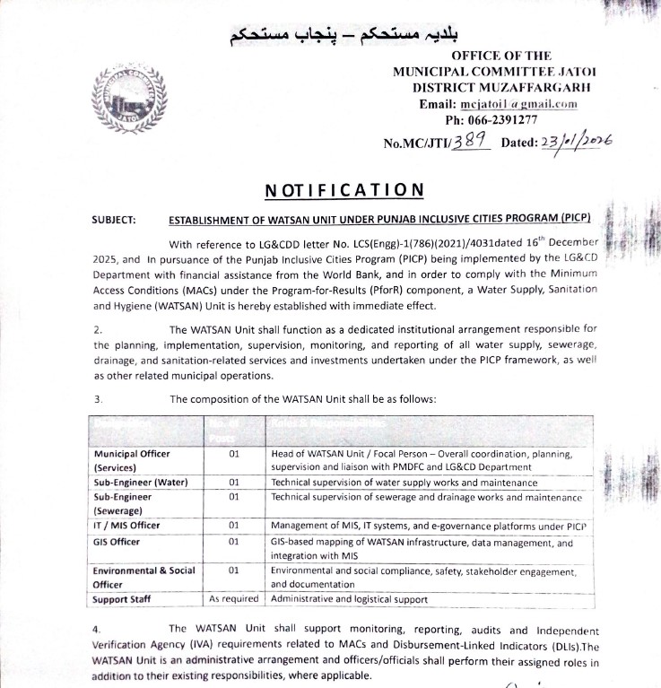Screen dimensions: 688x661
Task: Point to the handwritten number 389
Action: [467, 140]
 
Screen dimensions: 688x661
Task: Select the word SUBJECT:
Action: [114, 219]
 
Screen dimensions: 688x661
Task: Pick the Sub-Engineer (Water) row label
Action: [140, 482]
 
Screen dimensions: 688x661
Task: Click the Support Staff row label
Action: [122, 598]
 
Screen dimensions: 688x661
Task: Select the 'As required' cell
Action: [233, 598]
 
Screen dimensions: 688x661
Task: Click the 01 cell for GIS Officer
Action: [233, 542]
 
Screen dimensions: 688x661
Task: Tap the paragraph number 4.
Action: [97, 631]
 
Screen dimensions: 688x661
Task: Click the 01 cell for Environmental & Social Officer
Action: [233, 570]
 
